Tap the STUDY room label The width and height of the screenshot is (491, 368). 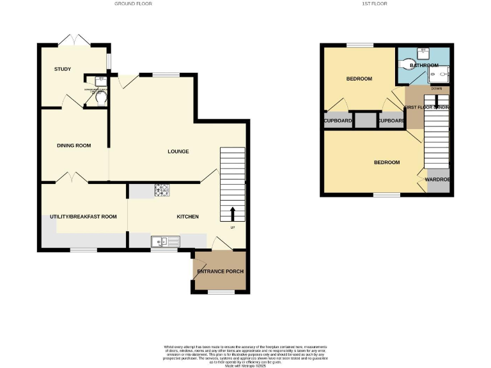click(62, 69)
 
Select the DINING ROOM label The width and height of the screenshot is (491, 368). click(74, 146)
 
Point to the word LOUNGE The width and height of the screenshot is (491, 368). click(178, 151)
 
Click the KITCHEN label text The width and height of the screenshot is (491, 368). click(187, 217)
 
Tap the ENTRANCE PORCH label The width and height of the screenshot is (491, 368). click(220, 272)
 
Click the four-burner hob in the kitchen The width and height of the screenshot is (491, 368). click(160, 190)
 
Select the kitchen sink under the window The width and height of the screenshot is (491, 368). click(165, 241)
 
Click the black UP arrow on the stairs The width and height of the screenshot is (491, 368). click(232, 213)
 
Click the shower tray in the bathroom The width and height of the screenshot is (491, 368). click(440, 75)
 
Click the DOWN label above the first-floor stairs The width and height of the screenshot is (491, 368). click(436, 89)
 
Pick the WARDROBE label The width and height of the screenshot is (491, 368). click(439, 180)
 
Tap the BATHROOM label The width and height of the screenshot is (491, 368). click(424, 65)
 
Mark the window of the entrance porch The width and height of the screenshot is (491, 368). click(221, 292)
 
